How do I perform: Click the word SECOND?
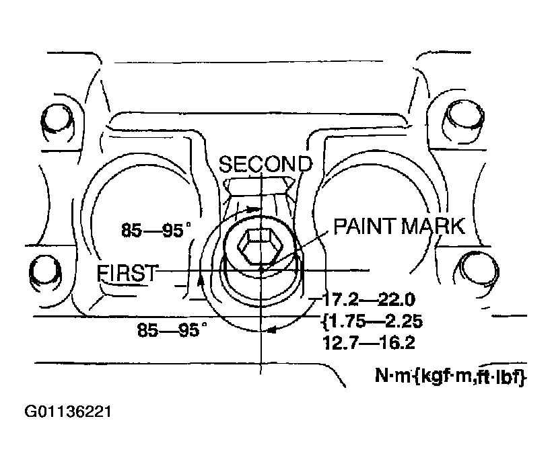(265, 164)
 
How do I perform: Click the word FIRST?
(127, 273)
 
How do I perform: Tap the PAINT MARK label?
(399, 226)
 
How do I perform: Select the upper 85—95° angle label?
(156, 231)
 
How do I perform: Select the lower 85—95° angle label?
(172, 329)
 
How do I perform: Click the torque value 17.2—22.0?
(369, 300)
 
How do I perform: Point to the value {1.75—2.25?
(372, 321)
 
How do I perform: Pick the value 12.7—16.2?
(369, 343)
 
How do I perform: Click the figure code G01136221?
(67, 412)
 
